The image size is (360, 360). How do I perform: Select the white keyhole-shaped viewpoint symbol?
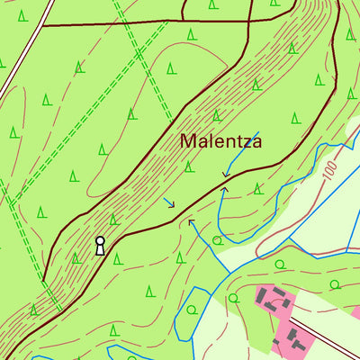tap(100, 245)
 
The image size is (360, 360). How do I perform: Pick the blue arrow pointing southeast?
tap(169, 202)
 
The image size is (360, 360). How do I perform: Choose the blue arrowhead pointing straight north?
tap(224, 189)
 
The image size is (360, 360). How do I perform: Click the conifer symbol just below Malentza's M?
tap(189, 166)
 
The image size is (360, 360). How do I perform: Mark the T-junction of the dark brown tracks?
tap(184, 20)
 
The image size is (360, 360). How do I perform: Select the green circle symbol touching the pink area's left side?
tap(233, 297)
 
